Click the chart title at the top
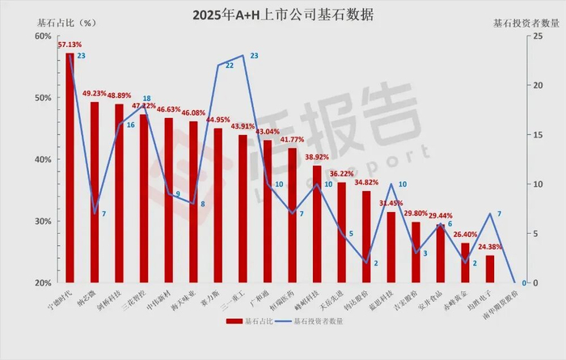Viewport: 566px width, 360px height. tap(284, 15)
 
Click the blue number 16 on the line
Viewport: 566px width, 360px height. tap(130, 125)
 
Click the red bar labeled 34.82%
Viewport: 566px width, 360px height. tap(366, 237)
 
